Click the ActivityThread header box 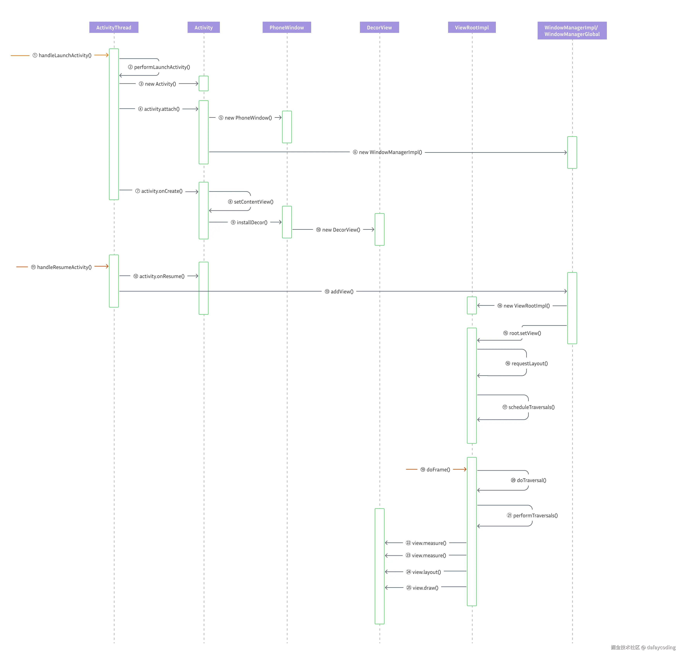click(x=114, y=27)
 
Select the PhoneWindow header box click(x=287, y=27)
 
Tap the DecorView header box click(x=379, y=27)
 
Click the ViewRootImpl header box click(x=472, y=27)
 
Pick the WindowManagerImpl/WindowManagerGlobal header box click(x=572, y=31)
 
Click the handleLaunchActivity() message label click(x=62, y=55)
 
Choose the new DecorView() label click(x=338, y=230)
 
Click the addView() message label click(x=339, y=291)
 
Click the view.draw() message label click(x=422, y=587)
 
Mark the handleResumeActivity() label click(x=61, y=267)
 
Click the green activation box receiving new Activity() click(x=203, y=83)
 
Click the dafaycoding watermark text click(x=661, y=647)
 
